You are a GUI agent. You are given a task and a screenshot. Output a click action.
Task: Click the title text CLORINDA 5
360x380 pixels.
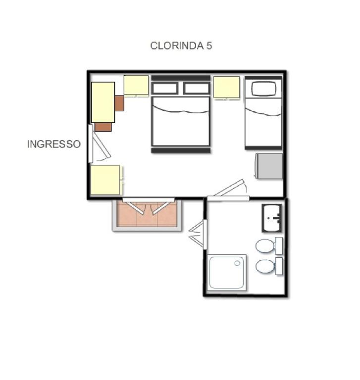click(x=181, y=46)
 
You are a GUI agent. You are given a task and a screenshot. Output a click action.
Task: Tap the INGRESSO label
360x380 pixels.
click(x=54, y=144)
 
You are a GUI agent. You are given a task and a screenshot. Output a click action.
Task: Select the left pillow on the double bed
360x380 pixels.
click(x=165, y=89)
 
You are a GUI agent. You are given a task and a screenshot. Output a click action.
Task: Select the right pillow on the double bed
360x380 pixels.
click(x=196, y=89)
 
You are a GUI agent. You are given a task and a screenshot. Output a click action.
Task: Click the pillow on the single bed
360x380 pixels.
click(x=264, y=89)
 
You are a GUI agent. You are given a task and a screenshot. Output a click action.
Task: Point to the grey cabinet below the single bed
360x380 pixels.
click(x=269, y=166)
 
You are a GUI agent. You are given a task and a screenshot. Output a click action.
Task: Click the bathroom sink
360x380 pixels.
click(x=272, y=218)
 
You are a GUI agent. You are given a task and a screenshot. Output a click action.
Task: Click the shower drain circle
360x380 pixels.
click(x=237, y=263)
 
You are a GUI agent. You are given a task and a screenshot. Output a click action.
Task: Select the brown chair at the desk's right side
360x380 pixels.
click(x=119, y=103)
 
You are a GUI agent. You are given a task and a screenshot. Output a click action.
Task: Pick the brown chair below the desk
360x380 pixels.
click(x=103, y=127)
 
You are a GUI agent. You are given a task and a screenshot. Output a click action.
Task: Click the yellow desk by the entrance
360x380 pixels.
click(x=103, y=102)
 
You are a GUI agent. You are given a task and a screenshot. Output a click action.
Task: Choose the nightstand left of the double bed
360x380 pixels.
click(x=136, y=85)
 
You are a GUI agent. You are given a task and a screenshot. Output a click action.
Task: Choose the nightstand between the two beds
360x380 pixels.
click(x=227, y=87)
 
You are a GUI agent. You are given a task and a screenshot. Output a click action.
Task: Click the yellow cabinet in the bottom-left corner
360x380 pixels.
click(x=105, y=180)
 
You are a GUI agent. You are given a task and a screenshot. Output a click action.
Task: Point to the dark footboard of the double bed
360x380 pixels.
click(x=181, y=151)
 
